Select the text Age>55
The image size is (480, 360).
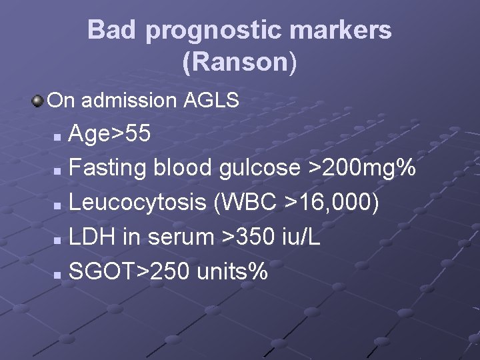click(110, 135)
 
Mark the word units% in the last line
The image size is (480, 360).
click(234, 271)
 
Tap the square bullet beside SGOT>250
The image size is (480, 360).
click(58, 273)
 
